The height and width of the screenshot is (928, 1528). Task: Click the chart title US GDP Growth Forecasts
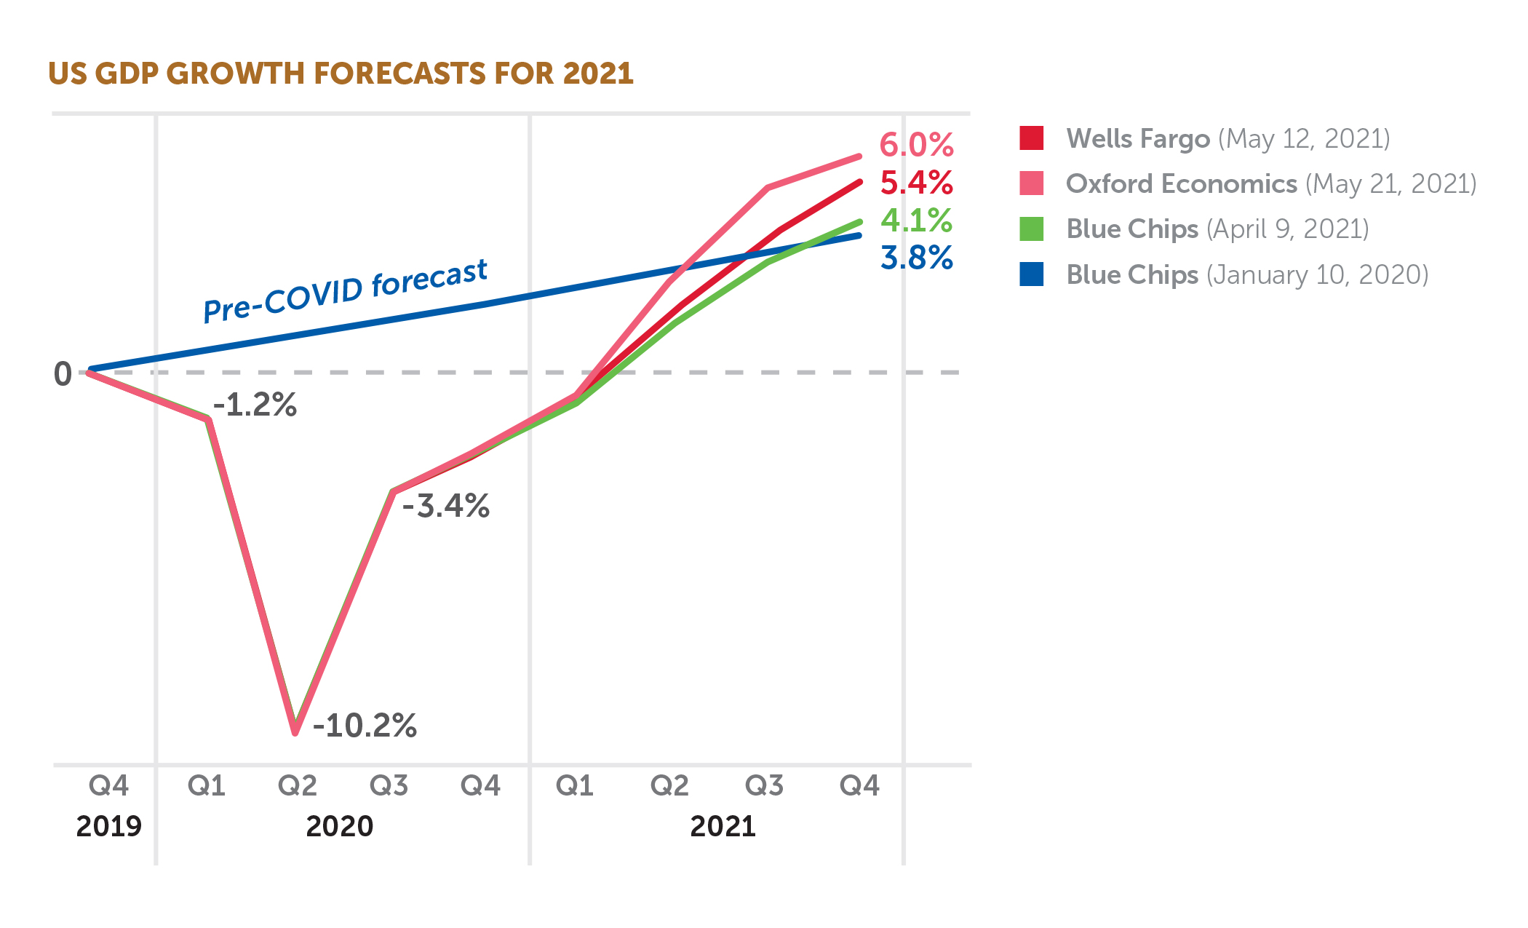click(341, 74)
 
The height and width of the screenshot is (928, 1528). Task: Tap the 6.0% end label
click(916, 145)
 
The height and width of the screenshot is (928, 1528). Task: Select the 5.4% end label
click(916, 183)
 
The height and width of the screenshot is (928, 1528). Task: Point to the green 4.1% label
click(916, 221)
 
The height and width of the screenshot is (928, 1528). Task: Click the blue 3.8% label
click(916, 258)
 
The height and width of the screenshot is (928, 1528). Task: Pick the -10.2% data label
click(365, 726)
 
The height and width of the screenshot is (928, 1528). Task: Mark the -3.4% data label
click(445, 506)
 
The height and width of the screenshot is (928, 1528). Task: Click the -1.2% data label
click(255, 405)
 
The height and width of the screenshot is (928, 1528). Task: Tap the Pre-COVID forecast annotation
click(345, 290)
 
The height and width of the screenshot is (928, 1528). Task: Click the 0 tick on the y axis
click(63, 374)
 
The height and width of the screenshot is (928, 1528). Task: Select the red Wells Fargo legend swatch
click(1031, 138)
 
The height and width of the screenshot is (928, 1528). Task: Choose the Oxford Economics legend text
click(1270, 184)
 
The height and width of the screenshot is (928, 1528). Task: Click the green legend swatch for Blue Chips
click(1031, 229)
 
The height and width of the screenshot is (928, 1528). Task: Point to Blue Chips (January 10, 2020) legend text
click(1247, 275)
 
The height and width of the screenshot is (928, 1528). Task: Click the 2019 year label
click(108, 827)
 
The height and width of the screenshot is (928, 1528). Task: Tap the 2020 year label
click(339, 827)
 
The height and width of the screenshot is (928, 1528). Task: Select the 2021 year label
click(723, 827)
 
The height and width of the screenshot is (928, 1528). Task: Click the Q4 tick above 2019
click(108, 786)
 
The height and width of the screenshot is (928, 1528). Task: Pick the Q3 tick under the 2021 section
click(764, 786)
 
